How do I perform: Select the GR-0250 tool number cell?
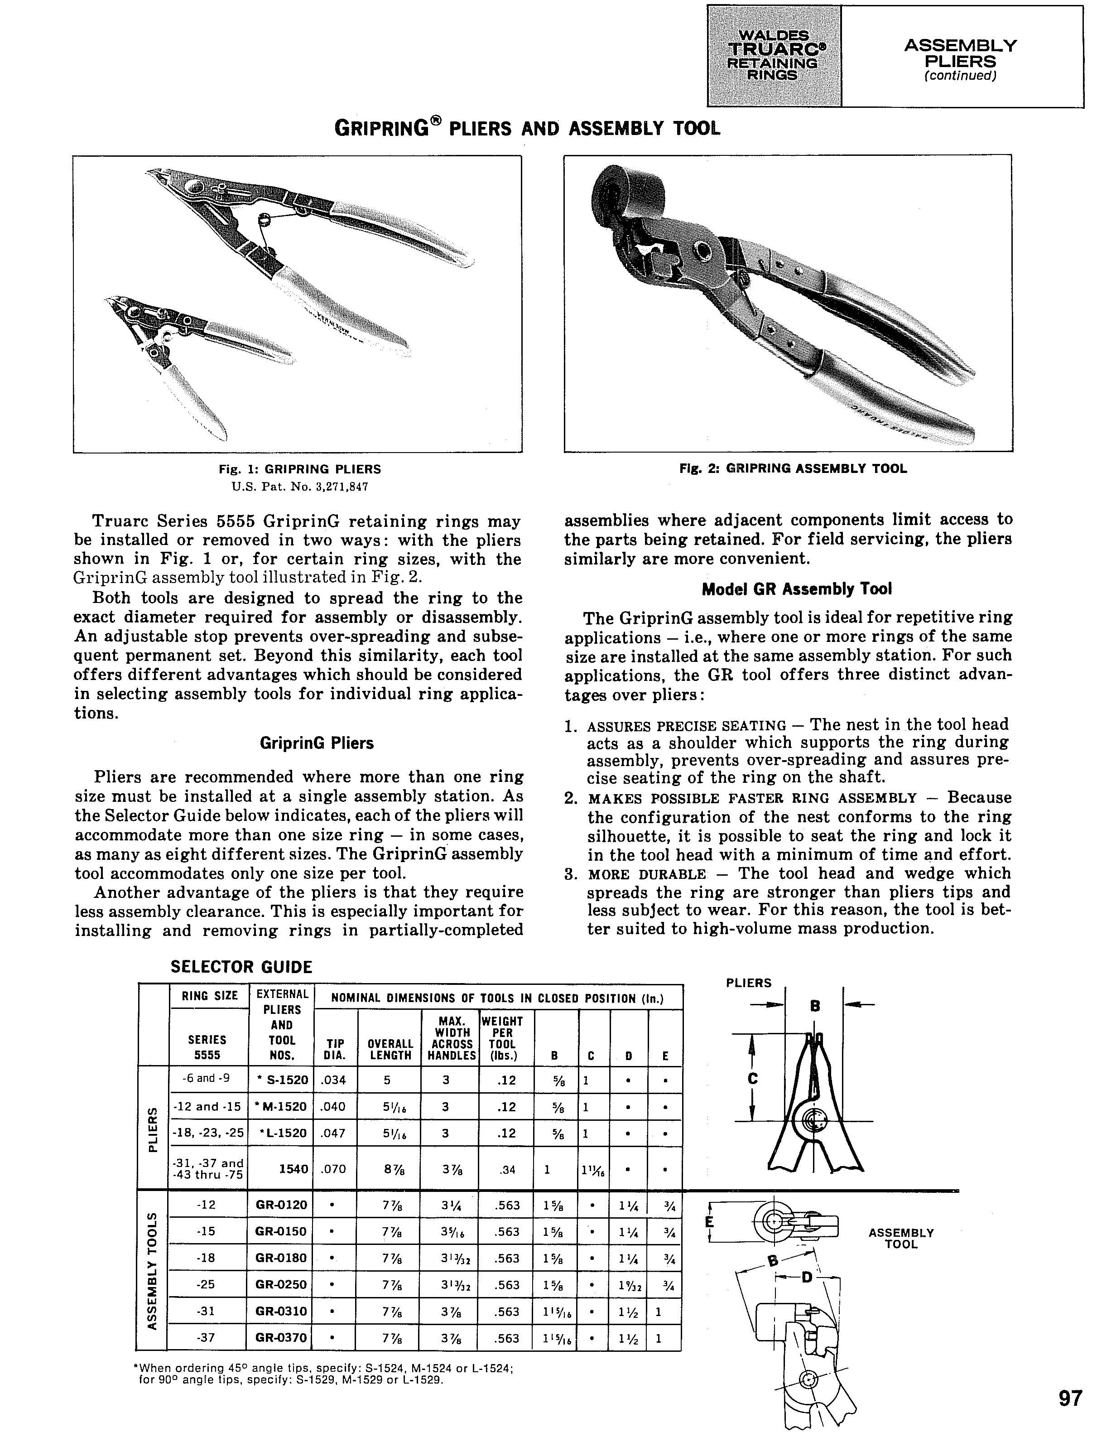click(281, 1284)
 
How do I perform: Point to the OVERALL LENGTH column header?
click(390, 1049)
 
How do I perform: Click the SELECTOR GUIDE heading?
click(241, 967)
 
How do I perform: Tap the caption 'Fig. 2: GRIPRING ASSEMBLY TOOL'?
click(793, 468)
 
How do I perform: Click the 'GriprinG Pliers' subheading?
click(317, 743)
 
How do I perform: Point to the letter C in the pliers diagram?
click(753, 1079)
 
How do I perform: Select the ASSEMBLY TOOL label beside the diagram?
click(901, 1239)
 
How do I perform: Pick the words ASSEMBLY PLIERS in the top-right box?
click(960, 53)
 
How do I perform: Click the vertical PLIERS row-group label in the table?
click(153, 1129)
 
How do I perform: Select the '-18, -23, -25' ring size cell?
click(207, 1133)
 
